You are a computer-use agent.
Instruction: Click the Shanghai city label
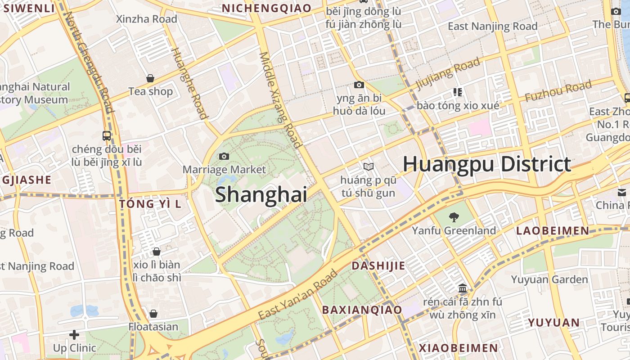point(261,195)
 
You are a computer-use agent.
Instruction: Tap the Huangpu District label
point(487,164)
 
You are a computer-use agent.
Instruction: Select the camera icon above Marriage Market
point(224,157)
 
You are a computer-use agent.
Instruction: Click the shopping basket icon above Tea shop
point(150,79)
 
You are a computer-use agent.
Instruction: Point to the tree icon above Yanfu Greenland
point(454,218)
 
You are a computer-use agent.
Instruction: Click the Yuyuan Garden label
point(549,279)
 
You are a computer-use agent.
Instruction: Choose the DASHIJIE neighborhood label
point(378,265)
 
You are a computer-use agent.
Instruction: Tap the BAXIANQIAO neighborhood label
point(362,310)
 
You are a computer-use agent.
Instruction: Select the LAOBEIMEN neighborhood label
point(552,231)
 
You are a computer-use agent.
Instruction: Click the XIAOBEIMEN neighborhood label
point(459,348)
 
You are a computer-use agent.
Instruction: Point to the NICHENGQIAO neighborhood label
point(266,8)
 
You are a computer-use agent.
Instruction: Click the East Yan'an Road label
point(298,295)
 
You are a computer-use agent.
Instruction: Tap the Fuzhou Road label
point(558,91)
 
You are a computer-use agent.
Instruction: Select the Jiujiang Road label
point(448,74)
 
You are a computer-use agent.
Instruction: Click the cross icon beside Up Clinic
point(74,335)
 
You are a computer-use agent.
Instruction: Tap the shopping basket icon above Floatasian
point(153,314)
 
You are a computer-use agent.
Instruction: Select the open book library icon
point(369,167)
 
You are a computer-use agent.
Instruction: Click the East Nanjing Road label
point(493,26)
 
